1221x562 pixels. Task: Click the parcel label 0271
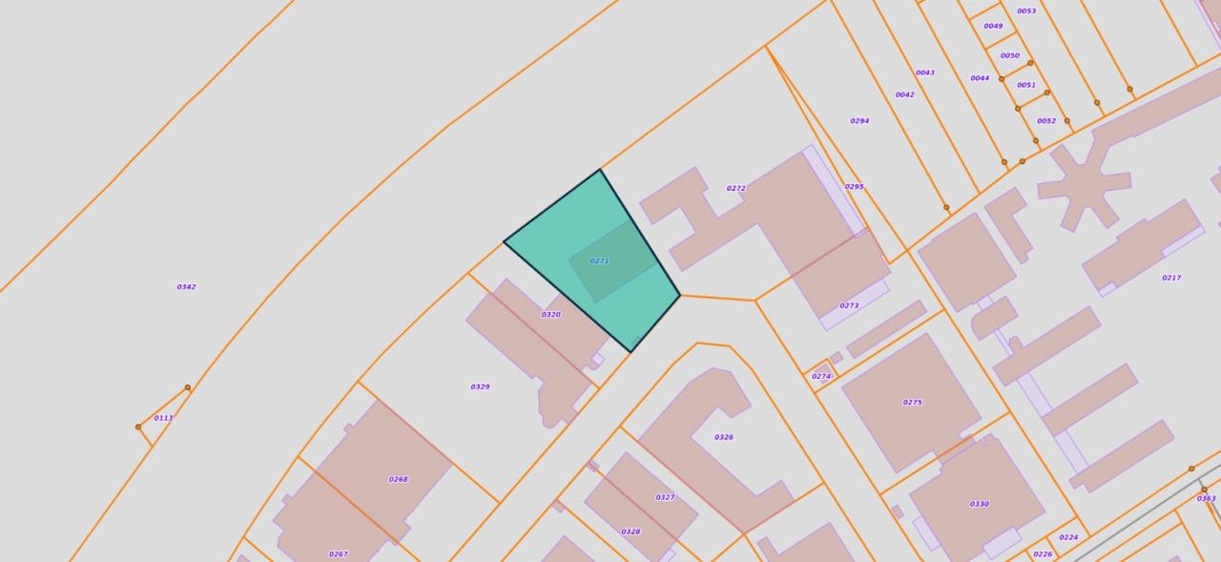coord(599,260)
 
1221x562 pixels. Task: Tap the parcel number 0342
coord(186,286)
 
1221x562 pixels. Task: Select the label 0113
coord(163,418)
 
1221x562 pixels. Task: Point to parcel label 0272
coord(735,188)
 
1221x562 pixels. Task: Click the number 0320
coord(550,314)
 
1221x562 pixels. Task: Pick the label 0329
coord(480,386)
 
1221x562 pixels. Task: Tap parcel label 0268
coord(398,479)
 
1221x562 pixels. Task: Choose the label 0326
coord(724,437)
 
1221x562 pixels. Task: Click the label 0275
coord(912,402)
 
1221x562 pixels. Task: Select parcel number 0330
coord(979,504)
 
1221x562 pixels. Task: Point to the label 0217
coord(1171,278)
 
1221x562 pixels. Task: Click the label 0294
coord(859,121)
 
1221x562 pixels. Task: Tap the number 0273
coord(849,305)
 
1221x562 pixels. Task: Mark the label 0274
coord(820,376)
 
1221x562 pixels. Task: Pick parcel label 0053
coord(1026,11)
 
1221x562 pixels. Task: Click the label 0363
coord(1206,498)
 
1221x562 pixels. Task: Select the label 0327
coord(665,497)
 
